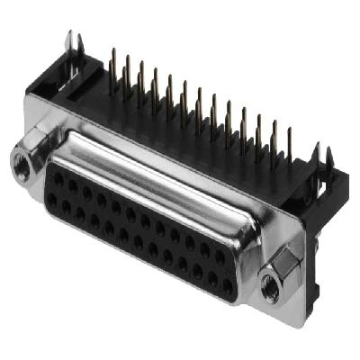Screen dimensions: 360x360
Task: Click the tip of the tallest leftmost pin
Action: click(x=112, y=51)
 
